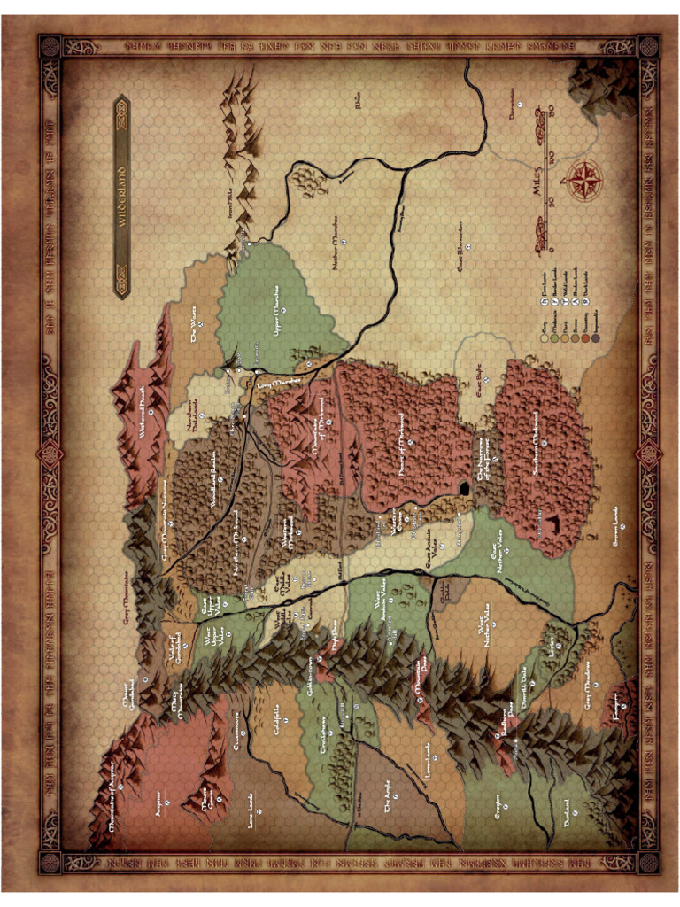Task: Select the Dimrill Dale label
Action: click(522, 682)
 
